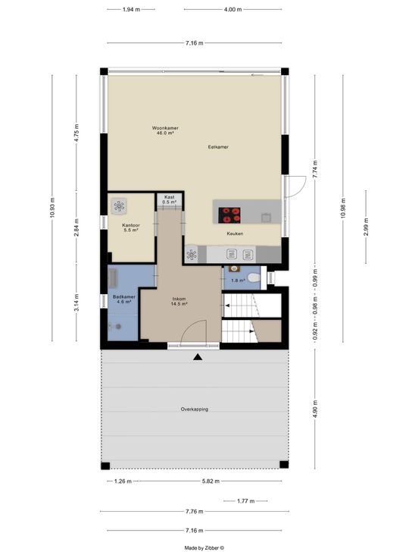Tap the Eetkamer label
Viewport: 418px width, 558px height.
tap(218, 146)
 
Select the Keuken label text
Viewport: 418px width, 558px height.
tap(236, 234)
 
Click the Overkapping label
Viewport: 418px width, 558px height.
tap(195, 409)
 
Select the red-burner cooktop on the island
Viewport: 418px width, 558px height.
tap(229, 215)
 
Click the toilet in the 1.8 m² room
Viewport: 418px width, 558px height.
tap(254, 277)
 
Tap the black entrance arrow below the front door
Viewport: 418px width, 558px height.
tap(198, 357)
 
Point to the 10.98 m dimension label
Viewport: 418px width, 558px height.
tap(343, 208)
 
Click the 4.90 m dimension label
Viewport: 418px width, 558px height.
tap(315, 409)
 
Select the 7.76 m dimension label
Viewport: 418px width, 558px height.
tap(195, 512)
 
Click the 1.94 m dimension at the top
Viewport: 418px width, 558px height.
tap(131, 10)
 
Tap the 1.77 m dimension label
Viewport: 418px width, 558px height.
tap(245, 501)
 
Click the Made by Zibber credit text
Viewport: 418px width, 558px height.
tap(204, 548)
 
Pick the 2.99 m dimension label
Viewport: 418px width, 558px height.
tap(366, 227)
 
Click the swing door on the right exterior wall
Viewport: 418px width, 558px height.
tap(296, 186)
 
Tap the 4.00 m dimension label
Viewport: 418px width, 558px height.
tap(232, 10)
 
